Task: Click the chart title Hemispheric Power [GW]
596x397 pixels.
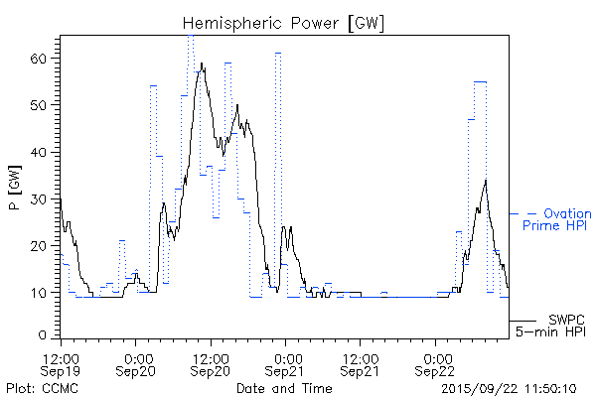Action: pyautogui.click(x=283, y=22)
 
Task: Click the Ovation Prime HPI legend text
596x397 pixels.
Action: pyautogui.click(x=562, y=219)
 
